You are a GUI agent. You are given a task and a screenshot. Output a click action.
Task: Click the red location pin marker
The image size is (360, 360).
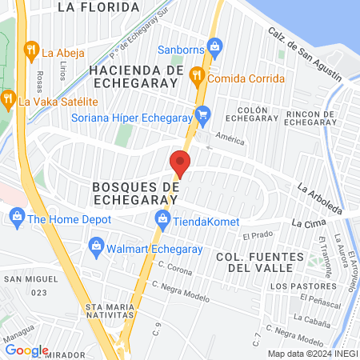click(x=180, y=163)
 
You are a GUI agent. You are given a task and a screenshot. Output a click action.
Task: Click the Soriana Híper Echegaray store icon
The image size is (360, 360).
click(x=203, y=114)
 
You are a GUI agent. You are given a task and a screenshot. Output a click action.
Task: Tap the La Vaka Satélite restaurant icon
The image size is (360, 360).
click(x=8, y=101)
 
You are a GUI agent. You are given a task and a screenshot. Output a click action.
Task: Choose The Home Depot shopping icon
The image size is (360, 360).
click(x=16, y=217)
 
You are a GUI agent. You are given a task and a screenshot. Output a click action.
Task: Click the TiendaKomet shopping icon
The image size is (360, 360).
click(x=162, y=218)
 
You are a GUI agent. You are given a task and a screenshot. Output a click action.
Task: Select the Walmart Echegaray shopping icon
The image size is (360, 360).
click(x=97, y=245)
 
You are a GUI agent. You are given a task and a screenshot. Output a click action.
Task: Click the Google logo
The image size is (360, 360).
click(x=26, y=350)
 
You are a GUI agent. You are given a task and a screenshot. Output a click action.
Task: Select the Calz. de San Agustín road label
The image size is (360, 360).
click(x=305, y=56)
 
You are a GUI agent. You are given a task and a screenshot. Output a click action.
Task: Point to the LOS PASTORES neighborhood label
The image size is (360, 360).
click(x=302, y=286)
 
